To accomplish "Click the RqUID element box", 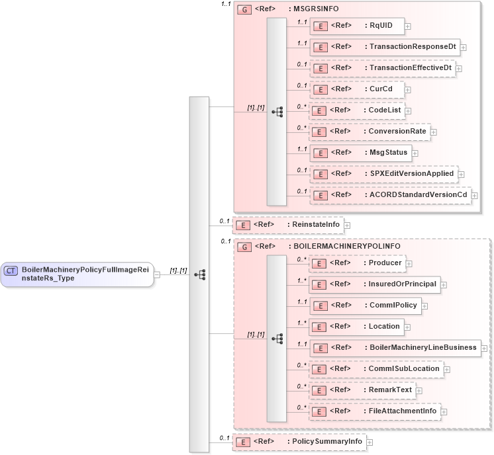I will (x=358, y=26).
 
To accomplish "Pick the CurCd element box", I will (x=358, y=89).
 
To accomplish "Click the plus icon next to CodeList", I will (x=407, y=110).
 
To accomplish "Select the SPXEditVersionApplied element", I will (x=383, y=174).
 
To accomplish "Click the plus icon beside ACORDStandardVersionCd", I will (x=474, y=195).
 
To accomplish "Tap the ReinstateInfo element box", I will (x=288, y=225).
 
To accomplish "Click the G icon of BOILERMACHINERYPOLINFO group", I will (x=244, y=247).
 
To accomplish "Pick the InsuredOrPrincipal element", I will (x=375, y=284).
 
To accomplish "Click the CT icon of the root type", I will (x=11, y=270).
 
